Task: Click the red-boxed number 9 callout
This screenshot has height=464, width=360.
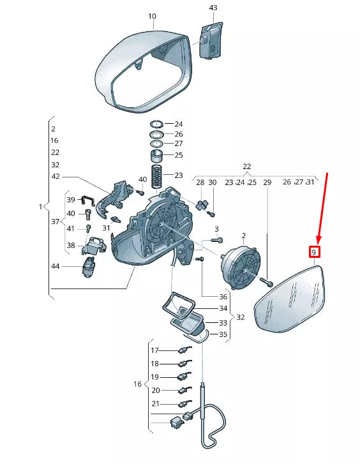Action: coord(314,252)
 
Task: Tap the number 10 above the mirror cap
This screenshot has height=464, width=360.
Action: coord(152,16)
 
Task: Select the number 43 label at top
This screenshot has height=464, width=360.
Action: coord(213,8)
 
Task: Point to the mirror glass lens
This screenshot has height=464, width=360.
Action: coord(290,299)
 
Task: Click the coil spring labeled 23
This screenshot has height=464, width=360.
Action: coord(157,176)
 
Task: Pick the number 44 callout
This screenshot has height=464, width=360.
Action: coord(56,266)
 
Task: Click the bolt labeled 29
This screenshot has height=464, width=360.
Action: coord(266,282)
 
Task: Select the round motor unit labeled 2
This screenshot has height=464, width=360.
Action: coord(241,267)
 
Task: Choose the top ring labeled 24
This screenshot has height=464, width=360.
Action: coord(156,124)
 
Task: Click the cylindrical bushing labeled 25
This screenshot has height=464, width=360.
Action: coord(157,156)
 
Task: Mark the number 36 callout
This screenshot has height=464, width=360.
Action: coord(223,297)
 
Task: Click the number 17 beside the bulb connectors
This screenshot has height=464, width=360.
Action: coord(155,350)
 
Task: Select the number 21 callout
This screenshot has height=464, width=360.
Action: coord(156,403)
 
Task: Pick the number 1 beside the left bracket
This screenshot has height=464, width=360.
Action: coord(41,207)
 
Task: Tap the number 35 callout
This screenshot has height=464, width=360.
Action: coord(223,334)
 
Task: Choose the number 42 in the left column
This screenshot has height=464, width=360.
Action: coord(56,176)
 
